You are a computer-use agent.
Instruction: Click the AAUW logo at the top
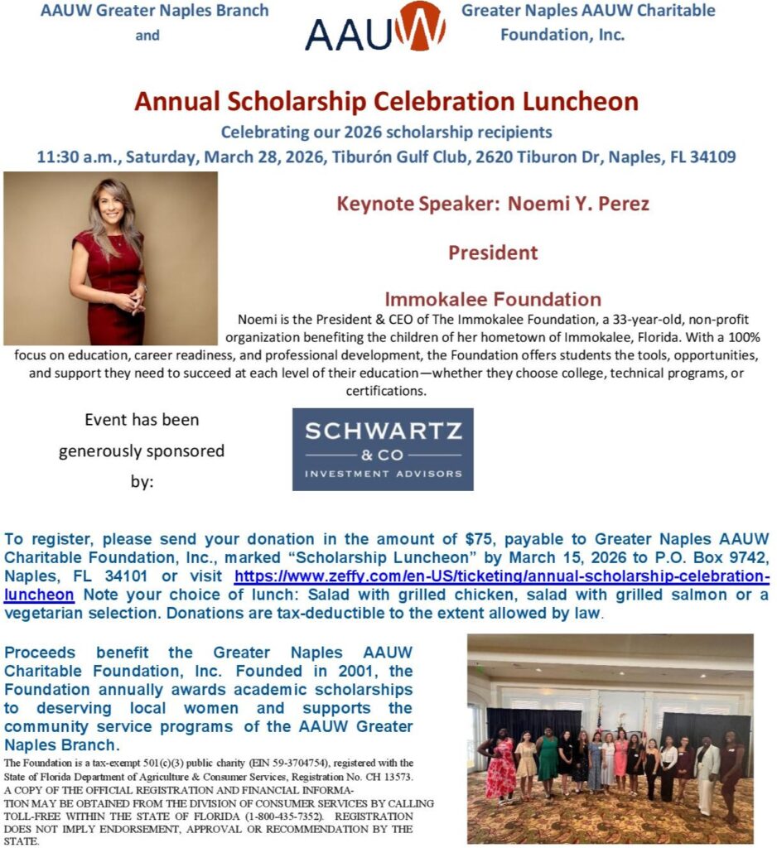pyautogui.click(x=375, y=27)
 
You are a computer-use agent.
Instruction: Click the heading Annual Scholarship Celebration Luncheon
pyautogui.click(x=386, y=102)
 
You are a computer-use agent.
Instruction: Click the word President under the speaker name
pyautogui.click(x=493, y=252)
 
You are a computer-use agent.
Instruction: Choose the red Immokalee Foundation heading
pyautogui.click(x=493, y=300)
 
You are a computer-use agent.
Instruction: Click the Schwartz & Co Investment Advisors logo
pyautogui.click(x=383, y=450)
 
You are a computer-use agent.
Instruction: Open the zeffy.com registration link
pyautogui.click(x=501, y=576)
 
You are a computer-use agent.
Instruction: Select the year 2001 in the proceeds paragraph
pyautogui.click(x=319, y=671)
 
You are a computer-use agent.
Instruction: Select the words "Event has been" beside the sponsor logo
pyautogui.click(x=142, y=420)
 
